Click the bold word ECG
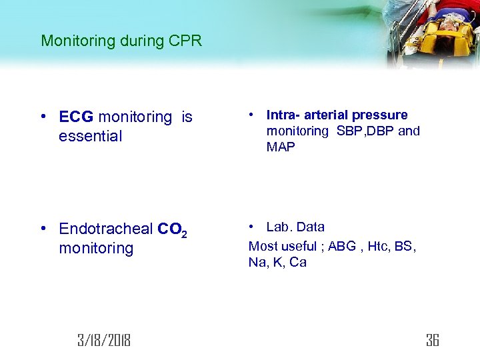coord(77,117)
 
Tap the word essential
coord(91,137)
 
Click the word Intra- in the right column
coord(281,115)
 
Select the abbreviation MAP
coord(281,147)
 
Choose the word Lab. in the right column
coord(279,227)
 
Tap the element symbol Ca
coord(298,263)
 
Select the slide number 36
coord(432,341)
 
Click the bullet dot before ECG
coord(43,117)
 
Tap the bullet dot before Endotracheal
coord(43,229)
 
